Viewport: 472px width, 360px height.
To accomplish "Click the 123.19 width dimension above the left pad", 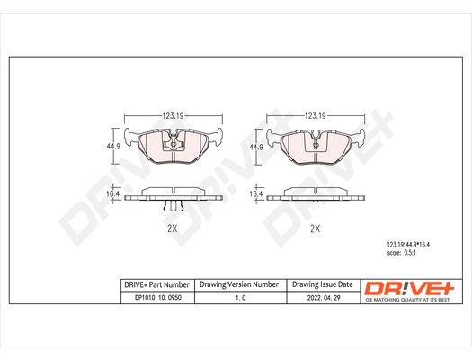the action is click(x=174, y=116).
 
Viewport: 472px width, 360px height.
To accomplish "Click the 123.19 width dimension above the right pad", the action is click(x=316, y=116).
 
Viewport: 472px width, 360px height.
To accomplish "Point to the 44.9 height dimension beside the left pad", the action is click(x=113, y=147).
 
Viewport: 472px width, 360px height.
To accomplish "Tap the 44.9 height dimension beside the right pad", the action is click(x=256, y=147).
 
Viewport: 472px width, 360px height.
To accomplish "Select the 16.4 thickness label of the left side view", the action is click(x=113, y=193).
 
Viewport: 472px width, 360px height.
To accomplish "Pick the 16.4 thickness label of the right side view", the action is click(x=256, y=194).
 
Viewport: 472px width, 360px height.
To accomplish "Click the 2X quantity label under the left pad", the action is click(x=173, y=229).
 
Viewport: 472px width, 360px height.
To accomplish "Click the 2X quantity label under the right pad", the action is click(x=316, y=229).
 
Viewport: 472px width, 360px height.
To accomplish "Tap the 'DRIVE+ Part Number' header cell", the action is click(x=156, y=284).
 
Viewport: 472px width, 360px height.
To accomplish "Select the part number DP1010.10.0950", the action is click(x=158, y=298).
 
